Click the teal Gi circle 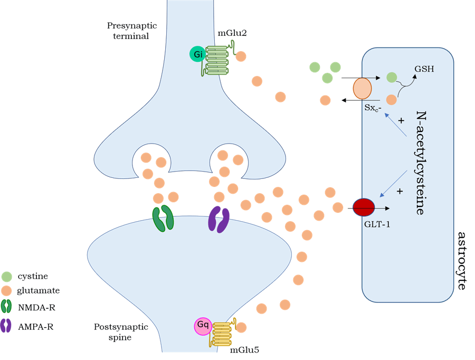click(x=197, y=54)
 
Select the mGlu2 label click(x=233, y=33)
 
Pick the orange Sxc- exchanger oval click(x=362, y=89)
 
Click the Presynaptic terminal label click(x=127, y=31)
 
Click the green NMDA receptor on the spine click(x=163, y=219)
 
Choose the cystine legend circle click(x=6, y=276)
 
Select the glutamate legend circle click(x=6, y=290)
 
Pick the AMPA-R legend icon click(x=6, y=326)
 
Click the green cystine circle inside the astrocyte click(x=392, y=78)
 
